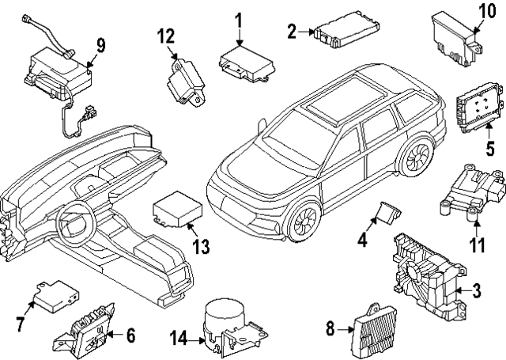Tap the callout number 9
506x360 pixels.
(100, 44)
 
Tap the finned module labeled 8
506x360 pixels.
(374, 325)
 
